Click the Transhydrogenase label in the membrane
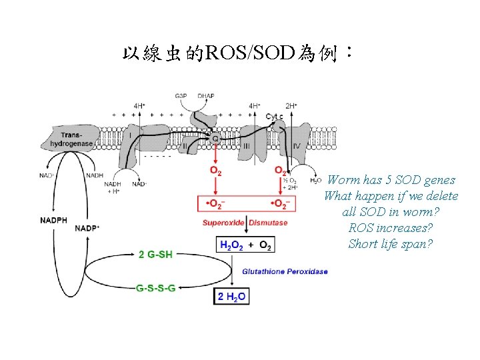pyautogui.click(x=74, y=139)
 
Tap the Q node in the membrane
pyautogui.click(x=215, y=138)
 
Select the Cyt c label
pyautogui.click(x=274, y=117)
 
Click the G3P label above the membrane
pyautogui.click(x=181, y=96)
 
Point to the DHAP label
pyautogui.click(x=206, y=96)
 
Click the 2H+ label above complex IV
pyautogui.click(x=291, y=105)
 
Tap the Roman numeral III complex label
pyautogui.click(x=247, y=145)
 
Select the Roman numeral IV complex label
pyautogui.click(x=296, y=145)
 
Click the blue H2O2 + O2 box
pyautogui.click(x=245, y=246)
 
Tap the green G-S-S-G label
pyautogui.click(x=156, y=289)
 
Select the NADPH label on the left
pyautogui.click(x=53, y=220)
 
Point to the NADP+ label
pyautogui.click(x=88, y=227)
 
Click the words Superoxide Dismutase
pyautogui.click(x=245, y=223)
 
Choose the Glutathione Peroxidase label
pyautogui.click(x=285, y=271)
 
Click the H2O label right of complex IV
pyautogui.click(x=315, y=181)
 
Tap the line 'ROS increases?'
pyautogui.click(x=391, y=228)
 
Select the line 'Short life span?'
pyautogui.click(x=391, y=244)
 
